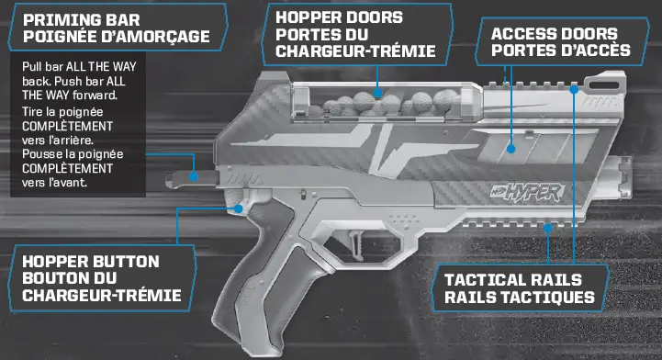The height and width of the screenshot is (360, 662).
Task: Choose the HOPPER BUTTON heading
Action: (90, 261)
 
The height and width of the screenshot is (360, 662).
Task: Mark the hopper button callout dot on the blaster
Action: (241, 208)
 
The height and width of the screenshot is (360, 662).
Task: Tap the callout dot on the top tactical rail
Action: (574, 89)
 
